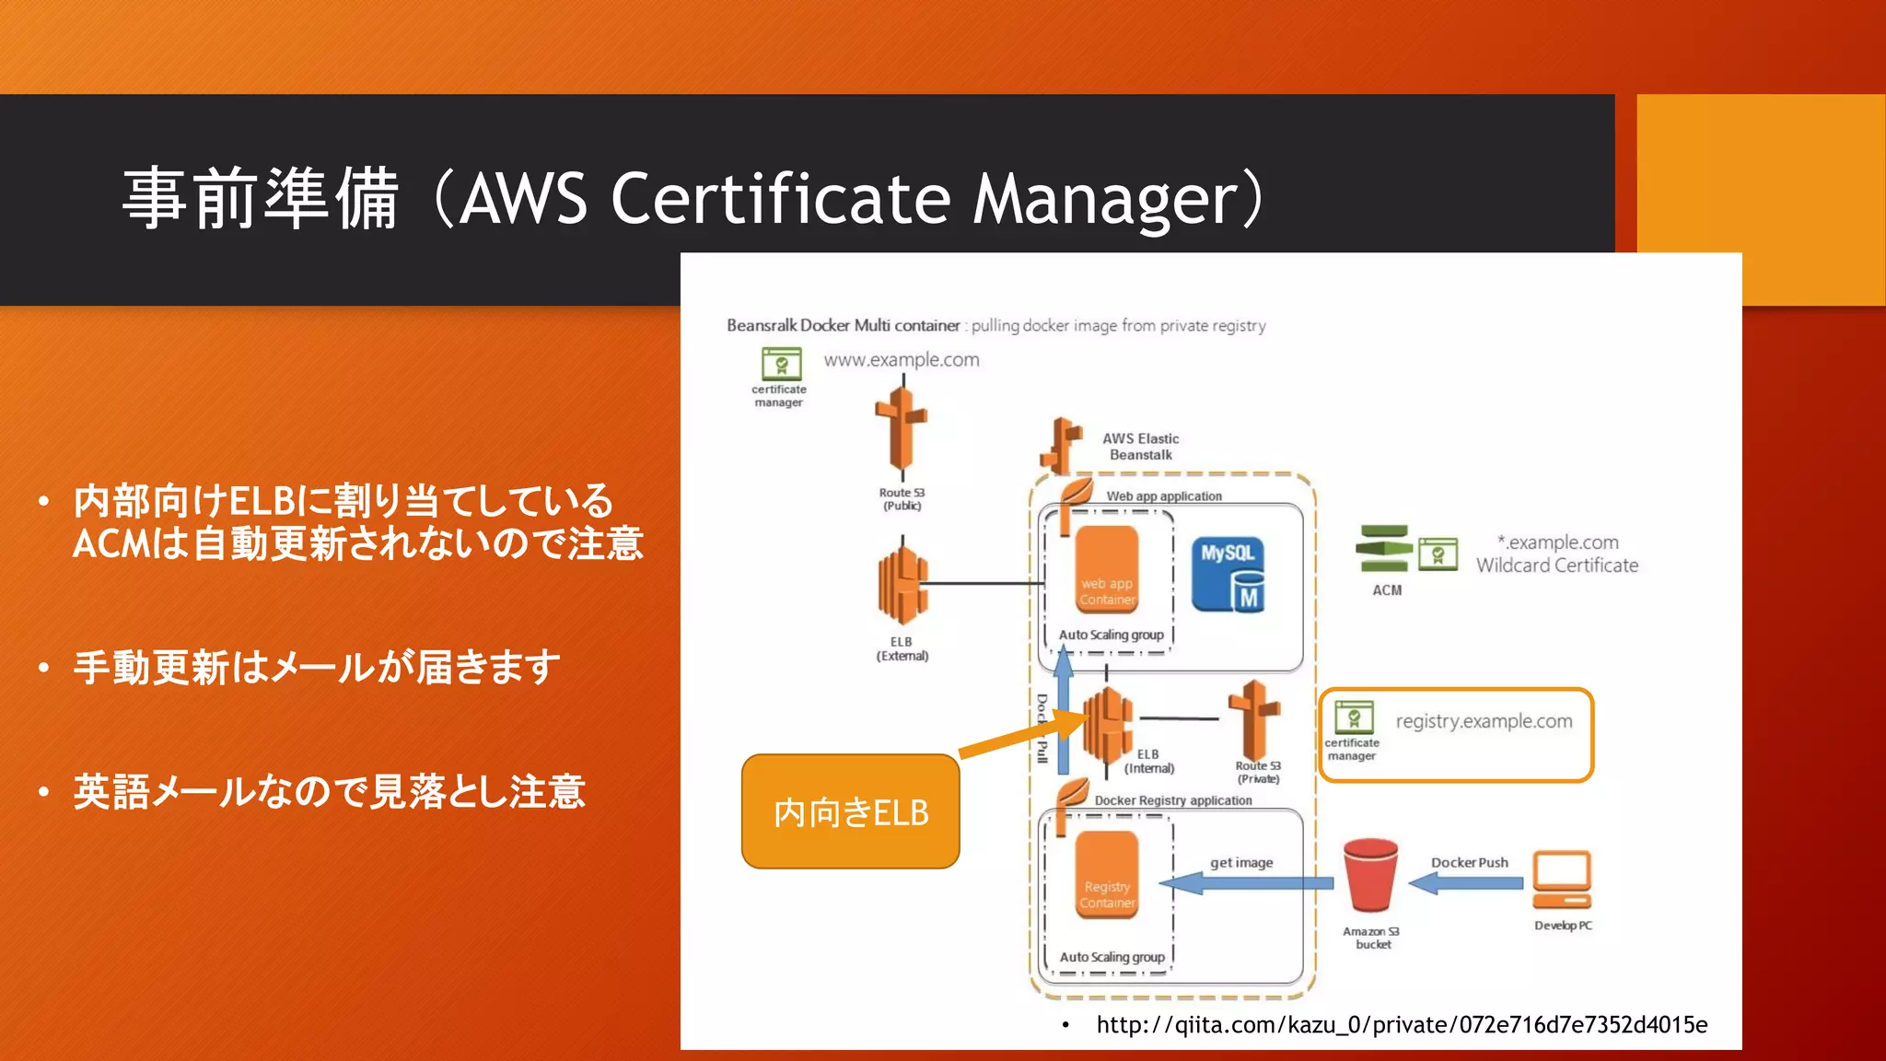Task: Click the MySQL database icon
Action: (x=1228, y=576)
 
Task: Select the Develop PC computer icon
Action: (x=1562, y=880)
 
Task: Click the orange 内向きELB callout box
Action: (x=850, y=811)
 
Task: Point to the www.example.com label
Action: (x=902, y=360)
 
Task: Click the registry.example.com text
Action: (x=1484, y=721)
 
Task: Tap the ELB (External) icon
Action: (x=902, y=585)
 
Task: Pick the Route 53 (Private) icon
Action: (x=1255, y=719)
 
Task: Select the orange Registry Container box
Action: (x=1107, y=874)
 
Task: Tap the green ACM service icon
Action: (x=1383, y=549)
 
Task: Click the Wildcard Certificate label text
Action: (x=1557, y=565)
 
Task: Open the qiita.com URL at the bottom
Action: (x=1401, y=1025)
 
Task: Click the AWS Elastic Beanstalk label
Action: (x=1140, y=447)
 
